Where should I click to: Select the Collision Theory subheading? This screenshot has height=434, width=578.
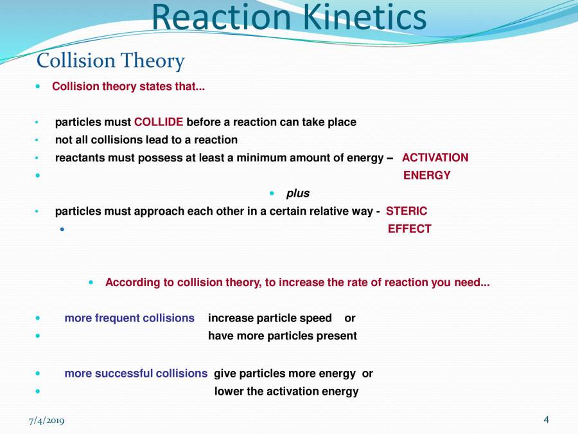[110, 61]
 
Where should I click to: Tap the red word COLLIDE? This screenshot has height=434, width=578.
[159, 122]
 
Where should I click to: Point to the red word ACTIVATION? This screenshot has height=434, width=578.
[435, 158]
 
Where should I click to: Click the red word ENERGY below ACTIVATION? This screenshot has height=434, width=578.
[426, 176]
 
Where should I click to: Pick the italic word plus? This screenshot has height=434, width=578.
[297, 194]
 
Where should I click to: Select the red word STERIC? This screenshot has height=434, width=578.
[406, 211]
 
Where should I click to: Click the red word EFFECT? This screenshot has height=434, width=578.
[409, 229]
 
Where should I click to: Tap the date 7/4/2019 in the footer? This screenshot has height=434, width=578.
[46, 420]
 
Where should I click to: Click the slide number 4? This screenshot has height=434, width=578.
[546, 420]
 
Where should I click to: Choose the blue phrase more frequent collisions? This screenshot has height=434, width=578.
[129, 318]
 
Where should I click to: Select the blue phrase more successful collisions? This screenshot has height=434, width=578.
[136, 374]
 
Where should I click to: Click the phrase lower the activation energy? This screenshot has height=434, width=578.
[286, 392]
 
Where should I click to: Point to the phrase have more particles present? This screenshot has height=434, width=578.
[282, 336]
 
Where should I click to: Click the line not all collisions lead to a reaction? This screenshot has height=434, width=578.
[146, 140]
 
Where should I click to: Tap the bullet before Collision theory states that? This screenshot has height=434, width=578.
[38, 86]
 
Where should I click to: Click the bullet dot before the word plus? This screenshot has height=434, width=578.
[272, 194]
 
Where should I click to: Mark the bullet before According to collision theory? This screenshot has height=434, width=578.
[91, 282]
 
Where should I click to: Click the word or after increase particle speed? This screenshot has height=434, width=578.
[349, 318]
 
